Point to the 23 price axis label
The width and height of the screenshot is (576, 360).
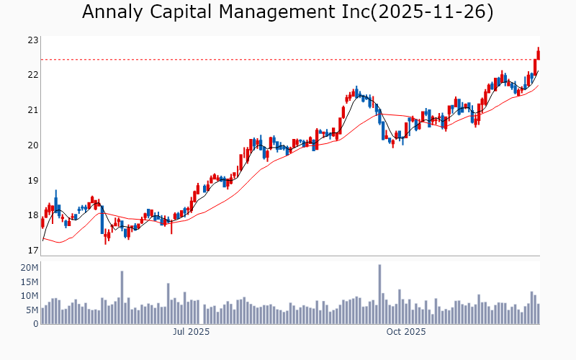tap(32, 40)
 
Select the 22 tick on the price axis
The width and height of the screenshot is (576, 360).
tap(32, 75)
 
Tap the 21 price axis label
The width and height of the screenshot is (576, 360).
tap(32, 110)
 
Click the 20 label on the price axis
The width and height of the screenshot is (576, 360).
tap(32, 145)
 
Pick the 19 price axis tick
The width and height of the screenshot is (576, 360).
tap(32, 181)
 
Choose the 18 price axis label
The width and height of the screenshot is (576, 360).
tap(32, 215)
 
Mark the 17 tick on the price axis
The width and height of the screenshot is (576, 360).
tap(32, 251)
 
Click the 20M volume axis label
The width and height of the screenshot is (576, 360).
tap(29, 268)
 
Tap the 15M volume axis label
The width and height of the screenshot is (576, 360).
tap(29, 282)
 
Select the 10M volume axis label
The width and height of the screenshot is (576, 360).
tap(29, 296)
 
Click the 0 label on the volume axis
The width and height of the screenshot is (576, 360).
tap(35, 324)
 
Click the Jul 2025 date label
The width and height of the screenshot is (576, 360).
tap(191, 332)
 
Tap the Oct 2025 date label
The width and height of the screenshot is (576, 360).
tap(406, 332)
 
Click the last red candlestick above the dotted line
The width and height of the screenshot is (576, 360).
tap(538, 53)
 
